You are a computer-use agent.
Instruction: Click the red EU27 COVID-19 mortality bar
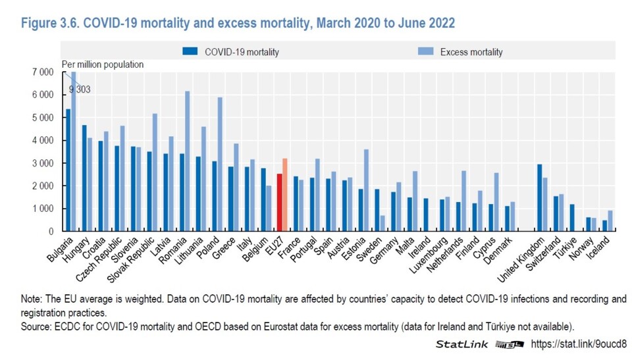click(279, 202)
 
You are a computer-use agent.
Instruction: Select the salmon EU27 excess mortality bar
click(284, 195)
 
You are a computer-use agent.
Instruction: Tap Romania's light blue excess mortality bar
click(187, 161)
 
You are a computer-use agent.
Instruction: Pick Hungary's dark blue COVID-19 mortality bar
click(84, 178)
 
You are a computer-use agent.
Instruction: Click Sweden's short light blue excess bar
click(382, 223)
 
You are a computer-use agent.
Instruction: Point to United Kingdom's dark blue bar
click(539, 197)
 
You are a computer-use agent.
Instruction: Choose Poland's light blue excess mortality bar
click(220, 164)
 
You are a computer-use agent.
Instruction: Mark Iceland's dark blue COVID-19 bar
click(604, 226)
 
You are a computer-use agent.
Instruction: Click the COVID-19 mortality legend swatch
click(190, 51)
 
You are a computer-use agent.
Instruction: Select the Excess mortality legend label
click(471, 52)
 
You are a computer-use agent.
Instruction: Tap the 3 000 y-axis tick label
click(43, 163)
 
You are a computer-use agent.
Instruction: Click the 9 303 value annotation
click(80, 90)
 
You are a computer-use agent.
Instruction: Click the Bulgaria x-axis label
click(61, 250)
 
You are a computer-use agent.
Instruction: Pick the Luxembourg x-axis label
click(429, 255)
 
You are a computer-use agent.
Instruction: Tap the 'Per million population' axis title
click(103, 64)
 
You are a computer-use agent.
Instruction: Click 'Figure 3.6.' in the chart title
click(50, 23)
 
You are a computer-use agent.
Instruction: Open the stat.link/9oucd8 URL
click(579, 344)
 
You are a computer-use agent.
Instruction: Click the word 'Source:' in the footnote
click(36, 326)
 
